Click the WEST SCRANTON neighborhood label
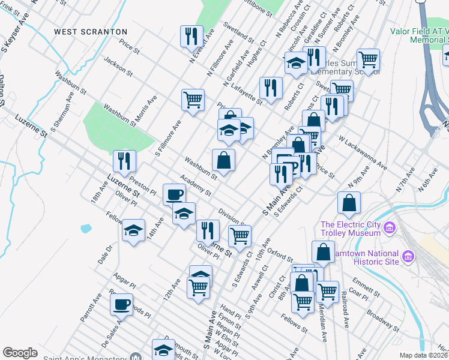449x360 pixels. click(x=90, y=31)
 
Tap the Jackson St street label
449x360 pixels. click(x=117, y=66)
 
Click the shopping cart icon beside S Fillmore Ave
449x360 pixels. click(x=193, y=100)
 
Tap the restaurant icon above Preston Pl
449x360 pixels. click(x=124, y=161)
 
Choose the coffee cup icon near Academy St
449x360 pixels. click(x=174, y=194)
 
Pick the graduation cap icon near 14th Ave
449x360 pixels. click(x=133, y=230)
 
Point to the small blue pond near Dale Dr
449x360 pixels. click(x=85, y=229)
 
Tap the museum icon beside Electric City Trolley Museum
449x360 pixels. click(x=389, y=228)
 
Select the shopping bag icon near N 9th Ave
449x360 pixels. click(x=349, y=203)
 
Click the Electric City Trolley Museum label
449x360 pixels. click(x=351, y=229)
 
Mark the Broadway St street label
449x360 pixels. click(x=382, y=321)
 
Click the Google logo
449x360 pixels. click(x=20, y=353)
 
